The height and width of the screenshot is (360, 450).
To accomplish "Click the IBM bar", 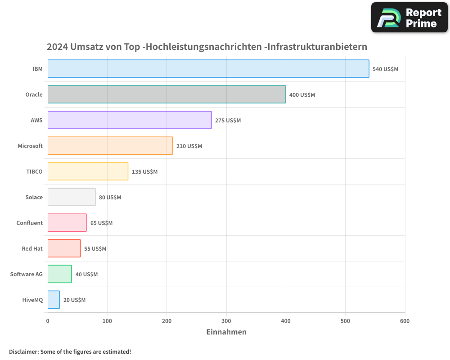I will tap(208, 69).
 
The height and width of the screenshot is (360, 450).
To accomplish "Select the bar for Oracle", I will tap(166, 94).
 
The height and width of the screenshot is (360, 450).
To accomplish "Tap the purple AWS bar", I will tap(130, 120).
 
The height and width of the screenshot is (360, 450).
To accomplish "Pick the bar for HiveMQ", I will tap(54, 300).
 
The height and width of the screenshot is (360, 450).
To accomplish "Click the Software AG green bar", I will tap(59, 274).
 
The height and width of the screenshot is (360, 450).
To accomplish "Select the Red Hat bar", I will tap(64, 248).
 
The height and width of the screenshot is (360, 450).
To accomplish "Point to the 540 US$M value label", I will tap(385, 69).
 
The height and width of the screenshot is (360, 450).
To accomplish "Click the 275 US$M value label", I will tap(228, 121).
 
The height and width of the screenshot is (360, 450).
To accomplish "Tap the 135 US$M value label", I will tap(144, 172).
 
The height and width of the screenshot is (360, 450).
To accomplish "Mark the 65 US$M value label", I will tap(101, 223).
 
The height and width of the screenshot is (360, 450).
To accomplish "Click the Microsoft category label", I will tap(30, 146).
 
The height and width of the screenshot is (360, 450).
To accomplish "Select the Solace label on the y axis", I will tap(34, 197).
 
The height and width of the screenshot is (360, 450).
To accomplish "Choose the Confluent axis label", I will tap(30, 223).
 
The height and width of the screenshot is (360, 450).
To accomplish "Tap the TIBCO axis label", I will tap(34, 171).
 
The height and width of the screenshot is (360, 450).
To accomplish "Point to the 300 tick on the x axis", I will tap(226, 321).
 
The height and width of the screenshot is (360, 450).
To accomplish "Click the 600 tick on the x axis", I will tap(405, 321).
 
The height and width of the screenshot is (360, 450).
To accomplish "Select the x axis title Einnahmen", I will tap(226, 332).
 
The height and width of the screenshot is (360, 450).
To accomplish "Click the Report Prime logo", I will tap(409, 18).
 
